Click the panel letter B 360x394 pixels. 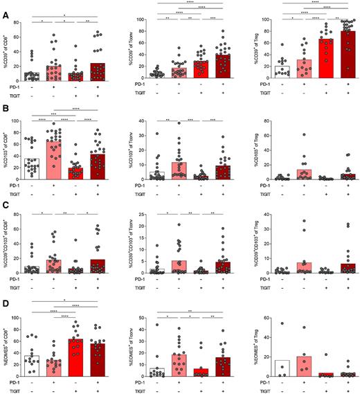(6, 109)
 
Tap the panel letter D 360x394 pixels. (6, 303)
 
